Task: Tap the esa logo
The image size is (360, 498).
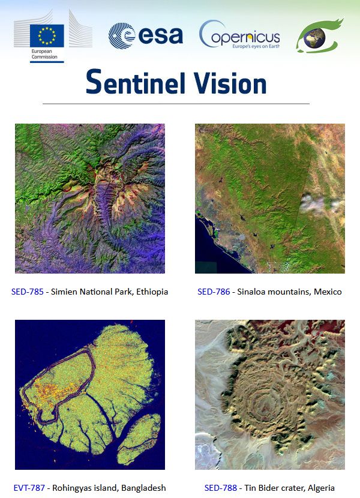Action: pyautogui.click(x=146, y=35)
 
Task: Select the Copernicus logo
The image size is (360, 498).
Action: pyautogui.click(x=239, y=35)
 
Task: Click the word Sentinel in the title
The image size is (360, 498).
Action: pyautogui.click(x=136, y=82)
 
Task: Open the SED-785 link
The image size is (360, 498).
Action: pyautogui.click(x=28, y=292)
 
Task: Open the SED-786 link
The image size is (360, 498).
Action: pyautogui.click(x=214, y=292)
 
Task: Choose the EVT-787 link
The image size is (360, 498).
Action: pyautogui.click(x=29, y=488)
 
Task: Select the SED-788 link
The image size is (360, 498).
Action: pyautogui.click(x=221, y=488)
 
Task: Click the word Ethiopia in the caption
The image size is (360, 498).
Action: pyautogui.click(x=152, y=292)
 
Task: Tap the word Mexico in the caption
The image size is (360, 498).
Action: pyautogui.click(x=328, y=292)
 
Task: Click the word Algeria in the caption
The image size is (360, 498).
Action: pyautogui.click(x=321, y=488)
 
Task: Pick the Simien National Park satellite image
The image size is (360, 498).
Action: pyautogui.click(x=90, y=199)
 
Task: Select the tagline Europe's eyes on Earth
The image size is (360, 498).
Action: pyautogui.click(x=256, y=46)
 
